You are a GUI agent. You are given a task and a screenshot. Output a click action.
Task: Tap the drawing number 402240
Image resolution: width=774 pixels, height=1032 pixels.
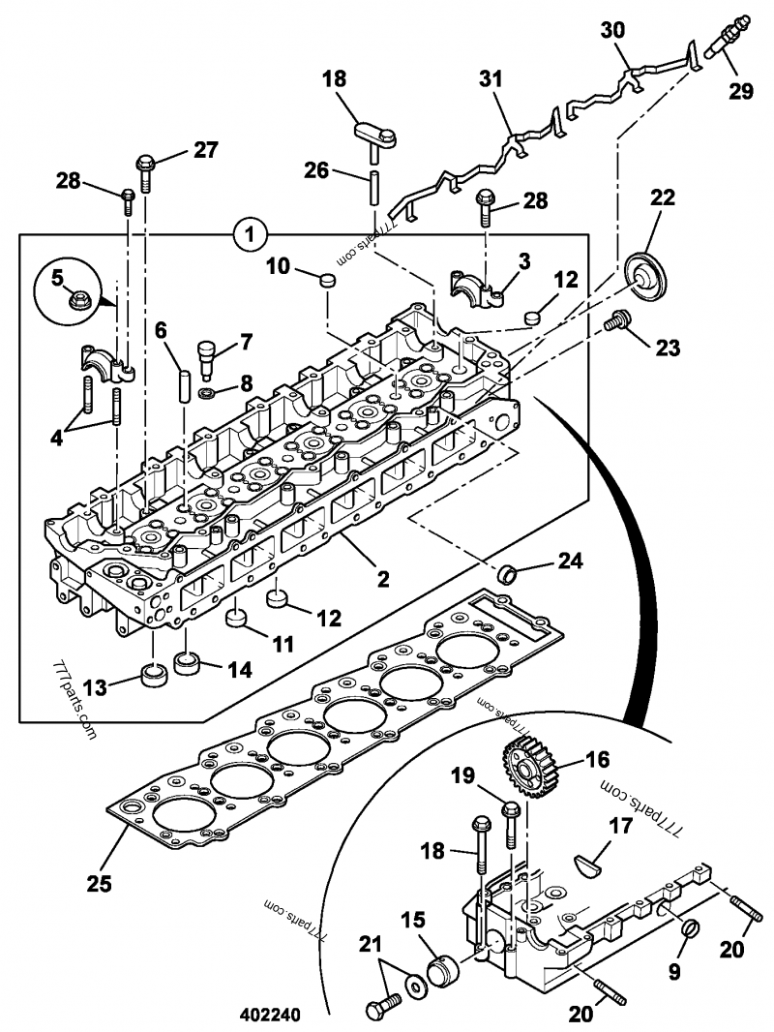pos(270,1017)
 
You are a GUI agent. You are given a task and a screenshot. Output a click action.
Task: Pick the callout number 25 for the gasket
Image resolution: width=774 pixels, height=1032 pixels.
pos(100,883)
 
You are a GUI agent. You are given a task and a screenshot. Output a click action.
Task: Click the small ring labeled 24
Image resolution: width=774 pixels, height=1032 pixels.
pos(507,574)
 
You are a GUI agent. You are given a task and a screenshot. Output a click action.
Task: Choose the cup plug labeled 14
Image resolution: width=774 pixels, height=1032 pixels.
pos(187,665)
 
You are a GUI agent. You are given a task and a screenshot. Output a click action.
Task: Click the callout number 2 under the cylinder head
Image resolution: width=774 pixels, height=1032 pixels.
pos(383,580)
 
